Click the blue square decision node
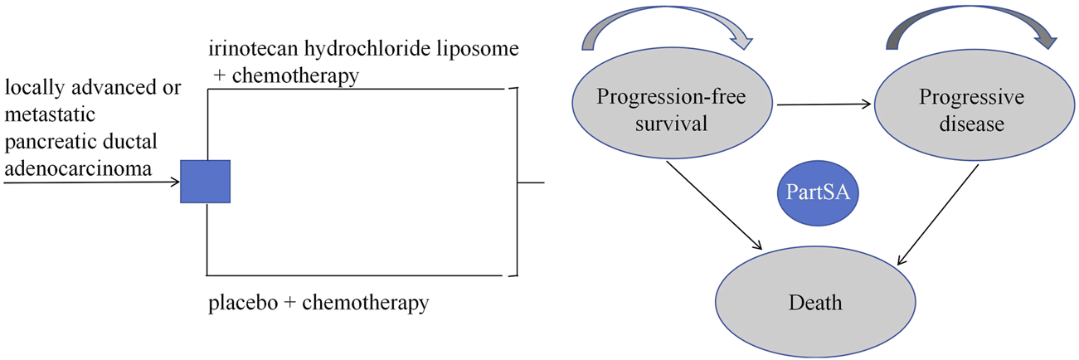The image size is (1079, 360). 206,180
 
